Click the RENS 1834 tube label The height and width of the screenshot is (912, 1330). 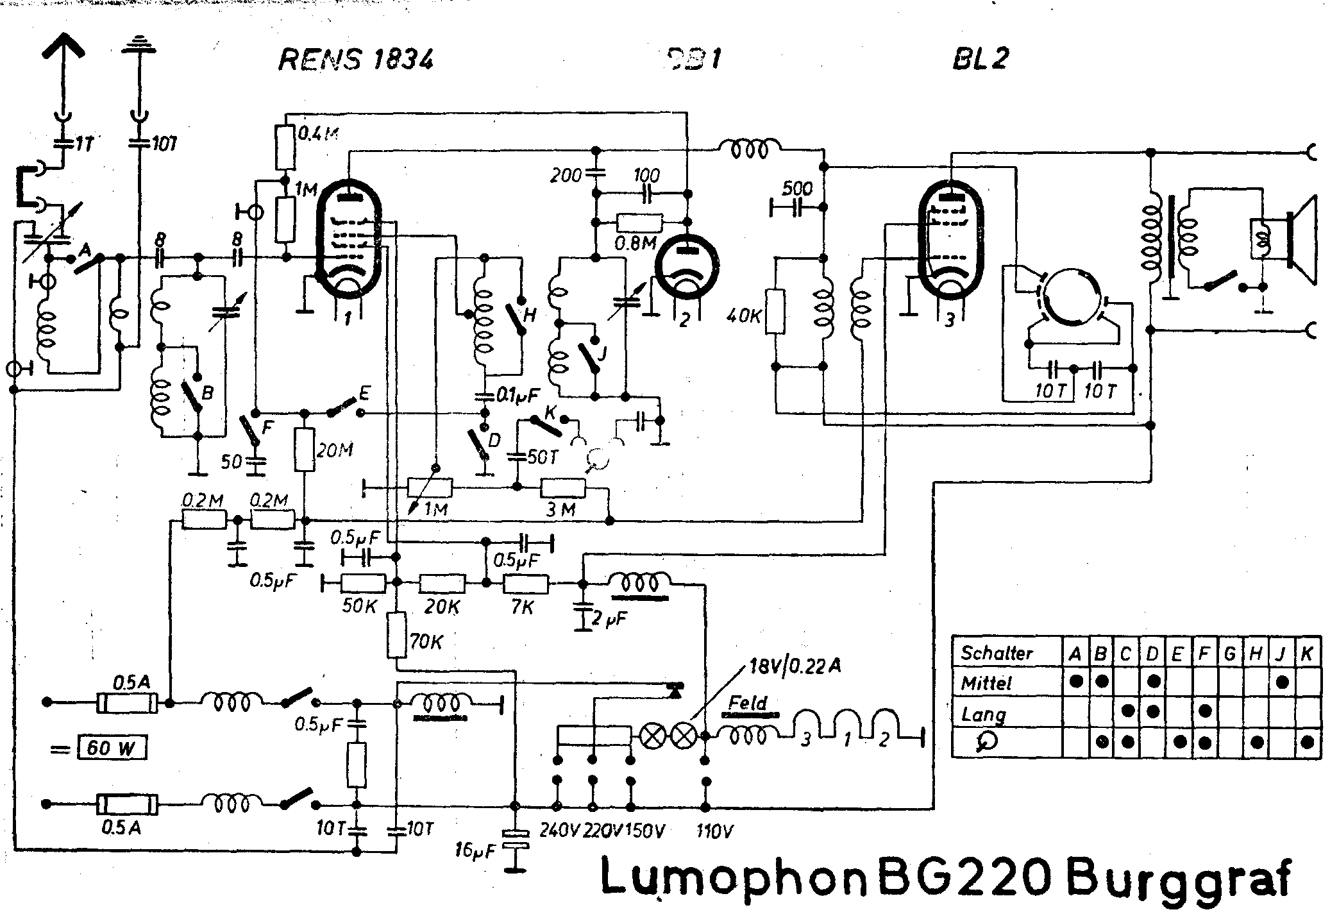pos(356,61)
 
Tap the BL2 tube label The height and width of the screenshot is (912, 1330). pos(979,59)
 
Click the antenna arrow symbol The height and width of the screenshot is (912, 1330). pos(64,48)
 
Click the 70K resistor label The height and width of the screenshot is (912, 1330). pos(425,642)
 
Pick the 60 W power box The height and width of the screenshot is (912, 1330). pos(111,748)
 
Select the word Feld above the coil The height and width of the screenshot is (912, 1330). pos(748,704)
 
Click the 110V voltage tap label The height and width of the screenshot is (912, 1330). pos(714,832)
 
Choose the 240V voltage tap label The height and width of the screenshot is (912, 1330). pos(559,832)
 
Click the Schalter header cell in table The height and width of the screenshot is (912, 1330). pos(997,654)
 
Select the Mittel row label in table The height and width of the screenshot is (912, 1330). pos(986,684)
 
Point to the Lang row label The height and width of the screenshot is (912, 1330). pos(982,714)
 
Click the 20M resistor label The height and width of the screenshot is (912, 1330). pos(335,451)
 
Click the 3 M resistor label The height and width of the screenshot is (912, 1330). pos(562,510)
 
